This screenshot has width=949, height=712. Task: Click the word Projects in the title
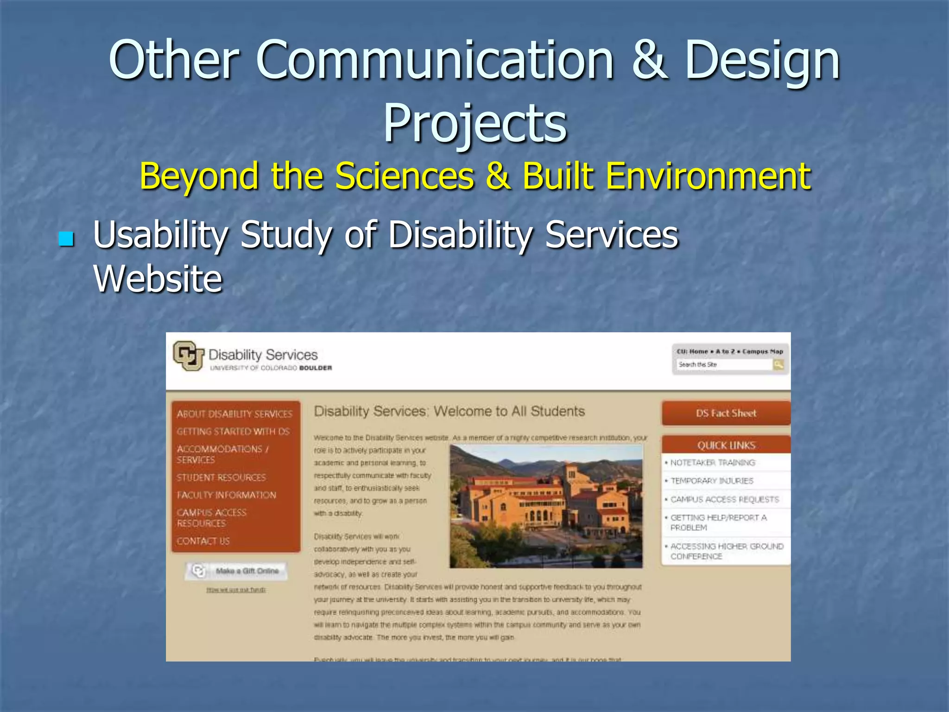point(475,123)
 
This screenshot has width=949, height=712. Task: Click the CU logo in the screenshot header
point(188,356)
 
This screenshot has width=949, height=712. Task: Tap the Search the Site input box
point(723,365)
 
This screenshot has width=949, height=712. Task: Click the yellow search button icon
point(778,365)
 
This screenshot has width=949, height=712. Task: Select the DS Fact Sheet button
point(726,413)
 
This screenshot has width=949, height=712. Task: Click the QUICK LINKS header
point(726,445)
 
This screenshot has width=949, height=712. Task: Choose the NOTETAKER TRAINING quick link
point(713,463)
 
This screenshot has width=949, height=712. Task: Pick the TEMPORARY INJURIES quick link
point(712,481)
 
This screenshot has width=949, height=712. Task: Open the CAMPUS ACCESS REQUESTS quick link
point(725,499)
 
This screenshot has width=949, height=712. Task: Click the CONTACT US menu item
point(203,541)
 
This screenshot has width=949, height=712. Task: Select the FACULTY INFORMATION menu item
point(226,495)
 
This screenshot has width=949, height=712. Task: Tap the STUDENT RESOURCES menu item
point(221,477)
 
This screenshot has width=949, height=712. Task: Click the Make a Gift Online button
point(237,571)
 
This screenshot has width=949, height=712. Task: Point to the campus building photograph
point(546,506)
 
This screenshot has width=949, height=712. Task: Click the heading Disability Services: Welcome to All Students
point(449,411)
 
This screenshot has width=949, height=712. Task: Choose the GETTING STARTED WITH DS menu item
point(233,432)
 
